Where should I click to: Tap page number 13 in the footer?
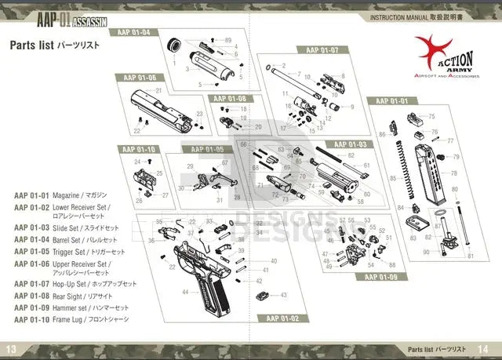coord(11,349)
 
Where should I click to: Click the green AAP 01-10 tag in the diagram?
coord(136,149)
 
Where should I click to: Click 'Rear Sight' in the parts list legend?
coord(70,296)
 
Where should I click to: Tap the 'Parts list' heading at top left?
coord(31,45)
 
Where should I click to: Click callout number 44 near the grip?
coord(185,291)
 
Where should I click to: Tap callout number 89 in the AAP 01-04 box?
coord(228,39)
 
